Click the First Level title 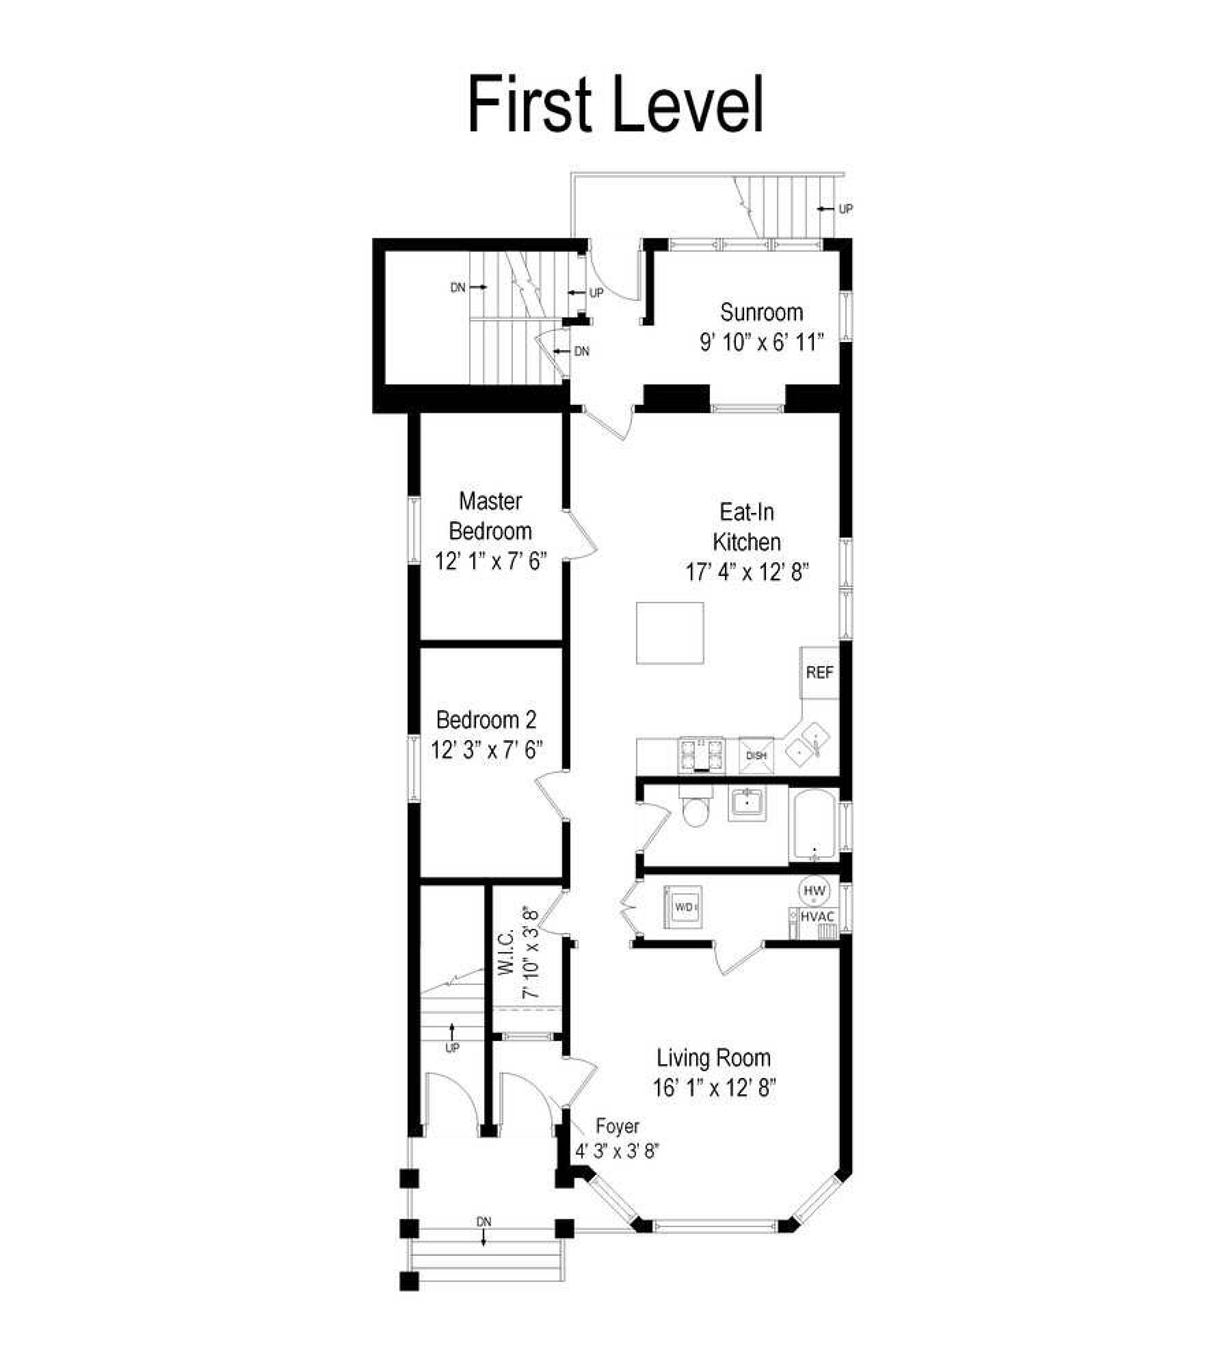[x=615, y=105]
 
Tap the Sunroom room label [x=761, y=313]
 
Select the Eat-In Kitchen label [x=747, y=527]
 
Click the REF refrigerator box [x=819, y=672]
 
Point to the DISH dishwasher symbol [x=756, y=756]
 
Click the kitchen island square [x=670, y=633]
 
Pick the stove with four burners [x=701, y=756]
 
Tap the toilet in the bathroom [x=697, y=808]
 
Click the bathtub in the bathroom [x=814, y=825]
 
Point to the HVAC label [x=817, y=916]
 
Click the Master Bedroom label [x=490, y=516]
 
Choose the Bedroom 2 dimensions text [x=486, y=750]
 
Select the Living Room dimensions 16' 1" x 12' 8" [x=715, y=1088]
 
